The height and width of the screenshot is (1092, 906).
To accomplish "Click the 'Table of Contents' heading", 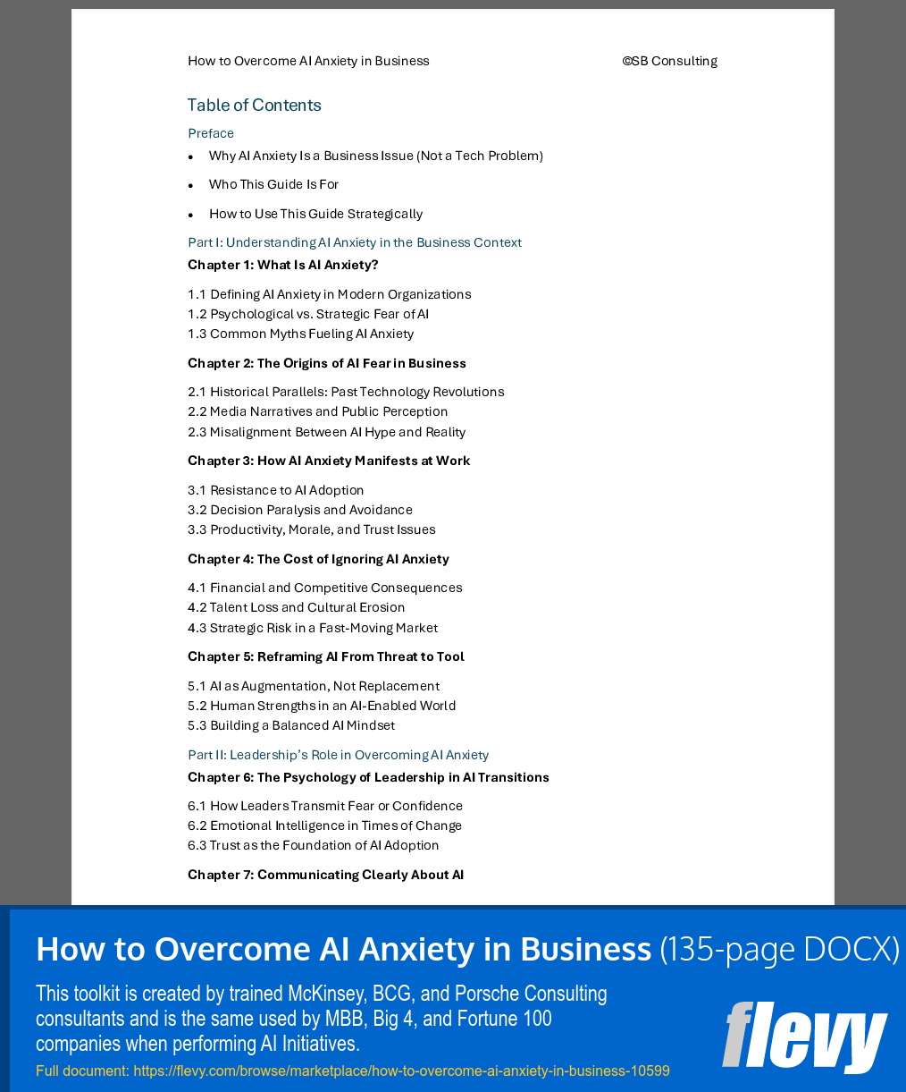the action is click(x=254, y=106).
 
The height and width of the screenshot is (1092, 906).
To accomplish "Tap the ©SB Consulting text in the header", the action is click(x=669, y=61).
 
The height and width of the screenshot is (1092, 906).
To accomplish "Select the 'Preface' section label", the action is click(x=211, y=133).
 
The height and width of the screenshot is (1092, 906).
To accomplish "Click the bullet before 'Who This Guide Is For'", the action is click(x=190, y=185).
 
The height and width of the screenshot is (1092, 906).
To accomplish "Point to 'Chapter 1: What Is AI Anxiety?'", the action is click(x=282, y=265).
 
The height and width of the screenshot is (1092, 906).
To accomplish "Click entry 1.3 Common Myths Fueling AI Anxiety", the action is click(x=300, y=334).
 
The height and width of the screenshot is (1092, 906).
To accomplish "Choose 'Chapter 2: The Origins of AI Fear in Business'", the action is click(x=326, y=363).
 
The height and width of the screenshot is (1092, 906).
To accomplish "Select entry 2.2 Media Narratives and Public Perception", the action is click(x=317, y=411).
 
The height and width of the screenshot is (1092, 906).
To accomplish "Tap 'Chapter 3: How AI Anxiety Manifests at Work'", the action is click(x=328, y=461).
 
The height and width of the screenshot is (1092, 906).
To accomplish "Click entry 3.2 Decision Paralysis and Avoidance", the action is click(x=299, y=510).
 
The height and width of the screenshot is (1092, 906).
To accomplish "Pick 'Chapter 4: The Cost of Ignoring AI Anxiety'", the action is click(x=318, y=559).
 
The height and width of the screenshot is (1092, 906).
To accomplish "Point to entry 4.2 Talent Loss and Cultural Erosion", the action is click(x=296, y=607).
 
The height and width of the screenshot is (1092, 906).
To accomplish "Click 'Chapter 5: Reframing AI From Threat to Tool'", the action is click(x=325, y=656).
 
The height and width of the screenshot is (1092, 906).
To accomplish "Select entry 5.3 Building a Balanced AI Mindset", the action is click(x=290, y=725).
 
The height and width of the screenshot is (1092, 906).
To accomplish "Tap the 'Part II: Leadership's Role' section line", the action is click(x=338, y=755).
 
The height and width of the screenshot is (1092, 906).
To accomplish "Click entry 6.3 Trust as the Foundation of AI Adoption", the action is click(x=313, y=845).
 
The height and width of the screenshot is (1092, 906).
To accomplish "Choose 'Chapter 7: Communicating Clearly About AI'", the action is click(x=325, y=875).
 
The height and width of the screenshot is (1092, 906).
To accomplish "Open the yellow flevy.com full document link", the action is click(x=352, y=1071).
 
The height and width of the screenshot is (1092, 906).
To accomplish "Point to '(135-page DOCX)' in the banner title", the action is click(x=779, y=949).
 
